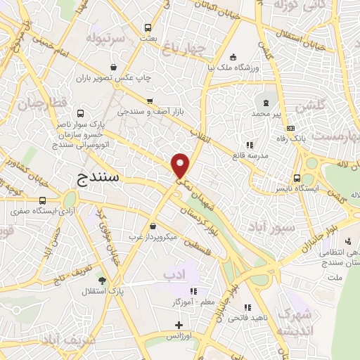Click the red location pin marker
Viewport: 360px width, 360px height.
(x=181, y=165)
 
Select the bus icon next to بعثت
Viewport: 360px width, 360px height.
(x=148, y=28)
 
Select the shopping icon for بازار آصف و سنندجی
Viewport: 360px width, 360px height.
(x=148, y=100)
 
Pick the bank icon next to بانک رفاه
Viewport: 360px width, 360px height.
(x=291, y=128)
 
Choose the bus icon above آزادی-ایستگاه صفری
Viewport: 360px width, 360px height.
(x=43, y=199)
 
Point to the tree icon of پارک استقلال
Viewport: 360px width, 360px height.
(x=102, y=279)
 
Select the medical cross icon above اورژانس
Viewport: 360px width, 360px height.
(x=179, y=325)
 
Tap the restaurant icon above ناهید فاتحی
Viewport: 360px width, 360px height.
(x=247, y=307)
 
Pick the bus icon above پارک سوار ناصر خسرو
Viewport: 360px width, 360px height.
(x=79, y=114)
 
